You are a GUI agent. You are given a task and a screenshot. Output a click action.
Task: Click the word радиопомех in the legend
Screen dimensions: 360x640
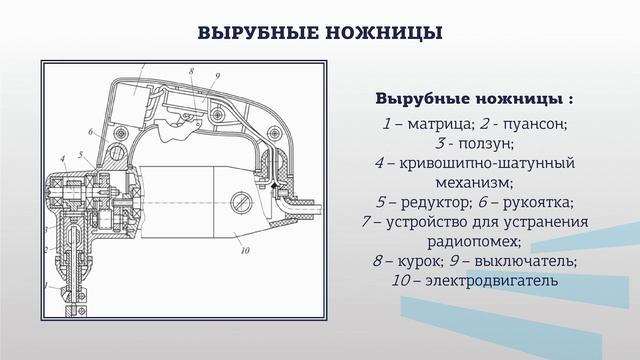[474, 241]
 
